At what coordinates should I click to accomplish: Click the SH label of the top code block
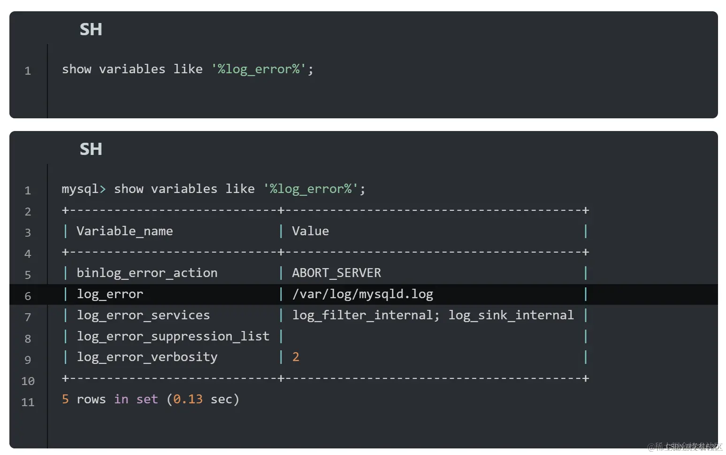[x=91, y=30]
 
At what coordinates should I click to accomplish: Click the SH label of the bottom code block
[x=91, y=149]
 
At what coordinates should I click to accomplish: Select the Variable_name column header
[x=124, y=231]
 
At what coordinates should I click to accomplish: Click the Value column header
[x=310, y=231]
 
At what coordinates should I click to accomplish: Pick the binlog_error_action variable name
[x=147, y=273]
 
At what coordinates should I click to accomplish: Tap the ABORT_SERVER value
[x=336, y=273]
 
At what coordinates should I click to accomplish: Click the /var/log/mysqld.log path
[x=362, y=294]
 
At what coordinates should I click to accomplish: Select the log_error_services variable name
[x=143, y=315]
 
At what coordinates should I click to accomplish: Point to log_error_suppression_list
[x=173, y=336]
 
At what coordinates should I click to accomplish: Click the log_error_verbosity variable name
[x=147, y=357]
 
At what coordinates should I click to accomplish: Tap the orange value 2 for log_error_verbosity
[x=296, y=357]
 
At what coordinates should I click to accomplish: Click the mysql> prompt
[x=84, y=189]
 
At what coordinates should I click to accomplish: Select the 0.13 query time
[x=188, y=399]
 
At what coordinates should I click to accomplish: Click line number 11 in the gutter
[x=28, y=402]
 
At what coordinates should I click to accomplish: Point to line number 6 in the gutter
[x=28, y=296]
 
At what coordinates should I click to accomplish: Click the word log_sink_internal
[x=511, y=315]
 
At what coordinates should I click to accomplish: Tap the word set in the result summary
[x=147, y=399]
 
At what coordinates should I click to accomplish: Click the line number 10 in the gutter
[x=28, y=381]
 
